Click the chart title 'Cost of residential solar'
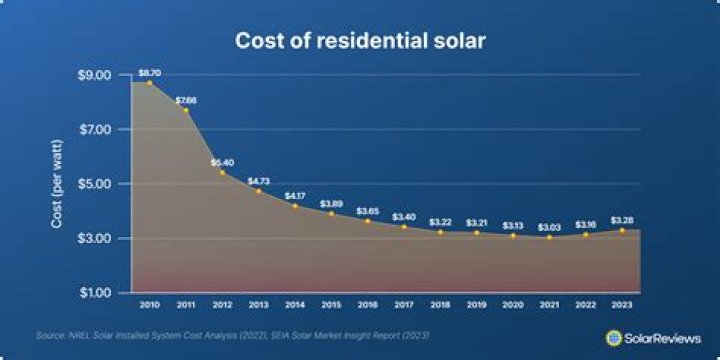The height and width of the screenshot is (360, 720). coord(360,41)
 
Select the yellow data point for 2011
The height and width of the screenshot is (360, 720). coord(186,110)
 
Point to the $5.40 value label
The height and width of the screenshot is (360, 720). coord(222,162)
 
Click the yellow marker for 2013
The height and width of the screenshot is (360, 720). coord(258,190)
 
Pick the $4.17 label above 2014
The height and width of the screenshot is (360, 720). coord(295,196)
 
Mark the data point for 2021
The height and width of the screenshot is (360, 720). coord(549,237)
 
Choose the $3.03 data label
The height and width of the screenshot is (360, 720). coord(549,228)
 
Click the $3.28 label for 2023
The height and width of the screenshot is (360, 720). coord(621,220)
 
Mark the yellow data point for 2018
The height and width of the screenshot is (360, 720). coord(440,232)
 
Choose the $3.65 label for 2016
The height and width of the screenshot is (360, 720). coord(367,211)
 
